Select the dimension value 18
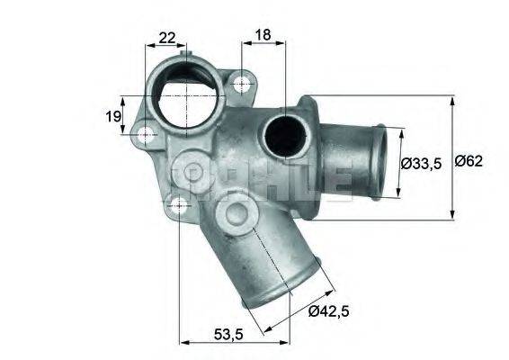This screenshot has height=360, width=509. coord(263,35)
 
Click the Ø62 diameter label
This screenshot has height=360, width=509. coord(469,162)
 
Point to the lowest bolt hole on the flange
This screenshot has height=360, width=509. coord(180,204)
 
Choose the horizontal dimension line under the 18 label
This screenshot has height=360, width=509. coord(263,44)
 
